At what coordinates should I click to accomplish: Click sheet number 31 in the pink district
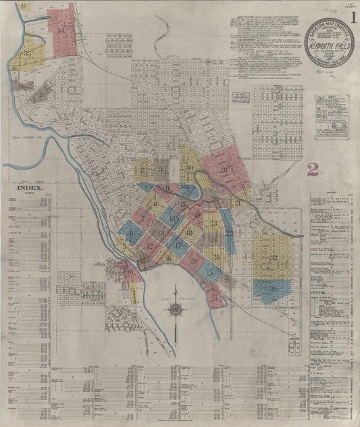(224, 170)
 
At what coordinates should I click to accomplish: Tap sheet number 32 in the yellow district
(274, 258)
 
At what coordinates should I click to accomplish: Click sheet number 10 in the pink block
(129, 273)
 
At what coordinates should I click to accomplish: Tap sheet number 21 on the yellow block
(238, 202)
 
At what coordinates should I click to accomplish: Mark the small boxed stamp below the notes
(242, 96)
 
